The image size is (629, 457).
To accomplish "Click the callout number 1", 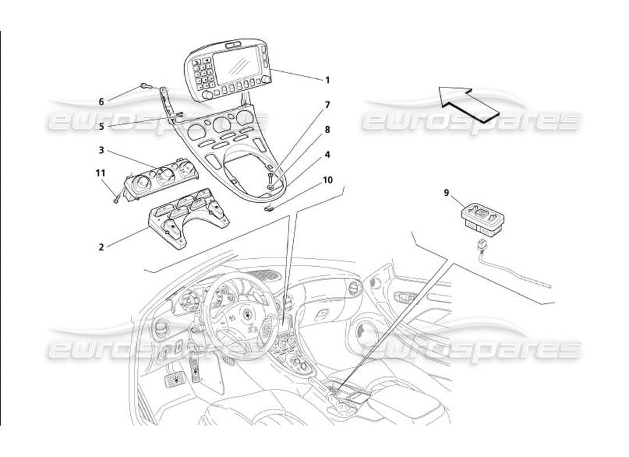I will [327, 80].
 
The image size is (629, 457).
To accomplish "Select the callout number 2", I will [101, 247].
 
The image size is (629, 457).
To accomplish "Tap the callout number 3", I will [101, 150].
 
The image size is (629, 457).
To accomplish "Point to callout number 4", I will [327, 154].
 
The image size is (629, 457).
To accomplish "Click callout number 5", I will [101, 127].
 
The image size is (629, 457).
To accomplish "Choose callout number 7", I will [327, 105].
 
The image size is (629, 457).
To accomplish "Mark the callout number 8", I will [327, 130].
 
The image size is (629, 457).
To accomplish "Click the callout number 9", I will [446, 193].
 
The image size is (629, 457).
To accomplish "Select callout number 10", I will [327, 179].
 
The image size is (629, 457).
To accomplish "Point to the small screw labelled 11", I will [117, 199].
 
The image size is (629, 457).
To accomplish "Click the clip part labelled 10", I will [269, 208].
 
